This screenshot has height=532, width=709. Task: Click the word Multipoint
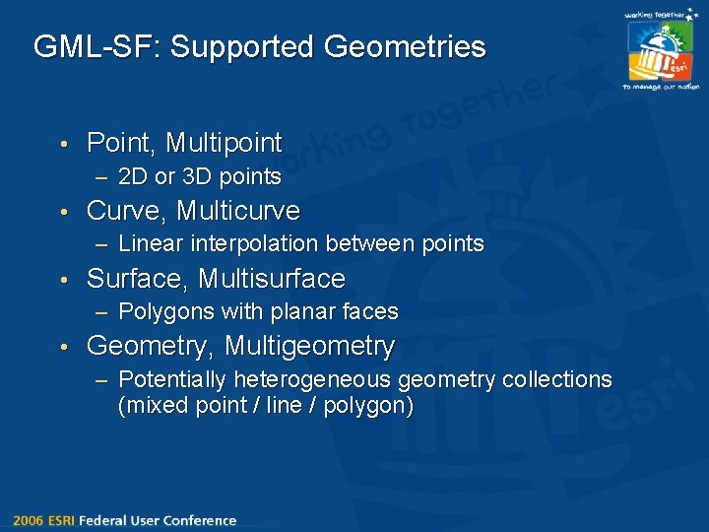[x=224, y=143]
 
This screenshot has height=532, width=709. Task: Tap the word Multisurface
[x=271, y=279]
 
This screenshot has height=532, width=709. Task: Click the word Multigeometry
[x=309, y=347]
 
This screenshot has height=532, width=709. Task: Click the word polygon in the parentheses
[x=367, y=405]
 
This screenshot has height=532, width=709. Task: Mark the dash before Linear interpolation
[x=102, y=243]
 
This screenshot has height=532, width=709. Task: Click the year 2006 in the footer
[x=29, y=520]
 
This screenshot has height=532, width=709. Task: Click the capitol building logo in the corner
[x=659, y=50]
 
